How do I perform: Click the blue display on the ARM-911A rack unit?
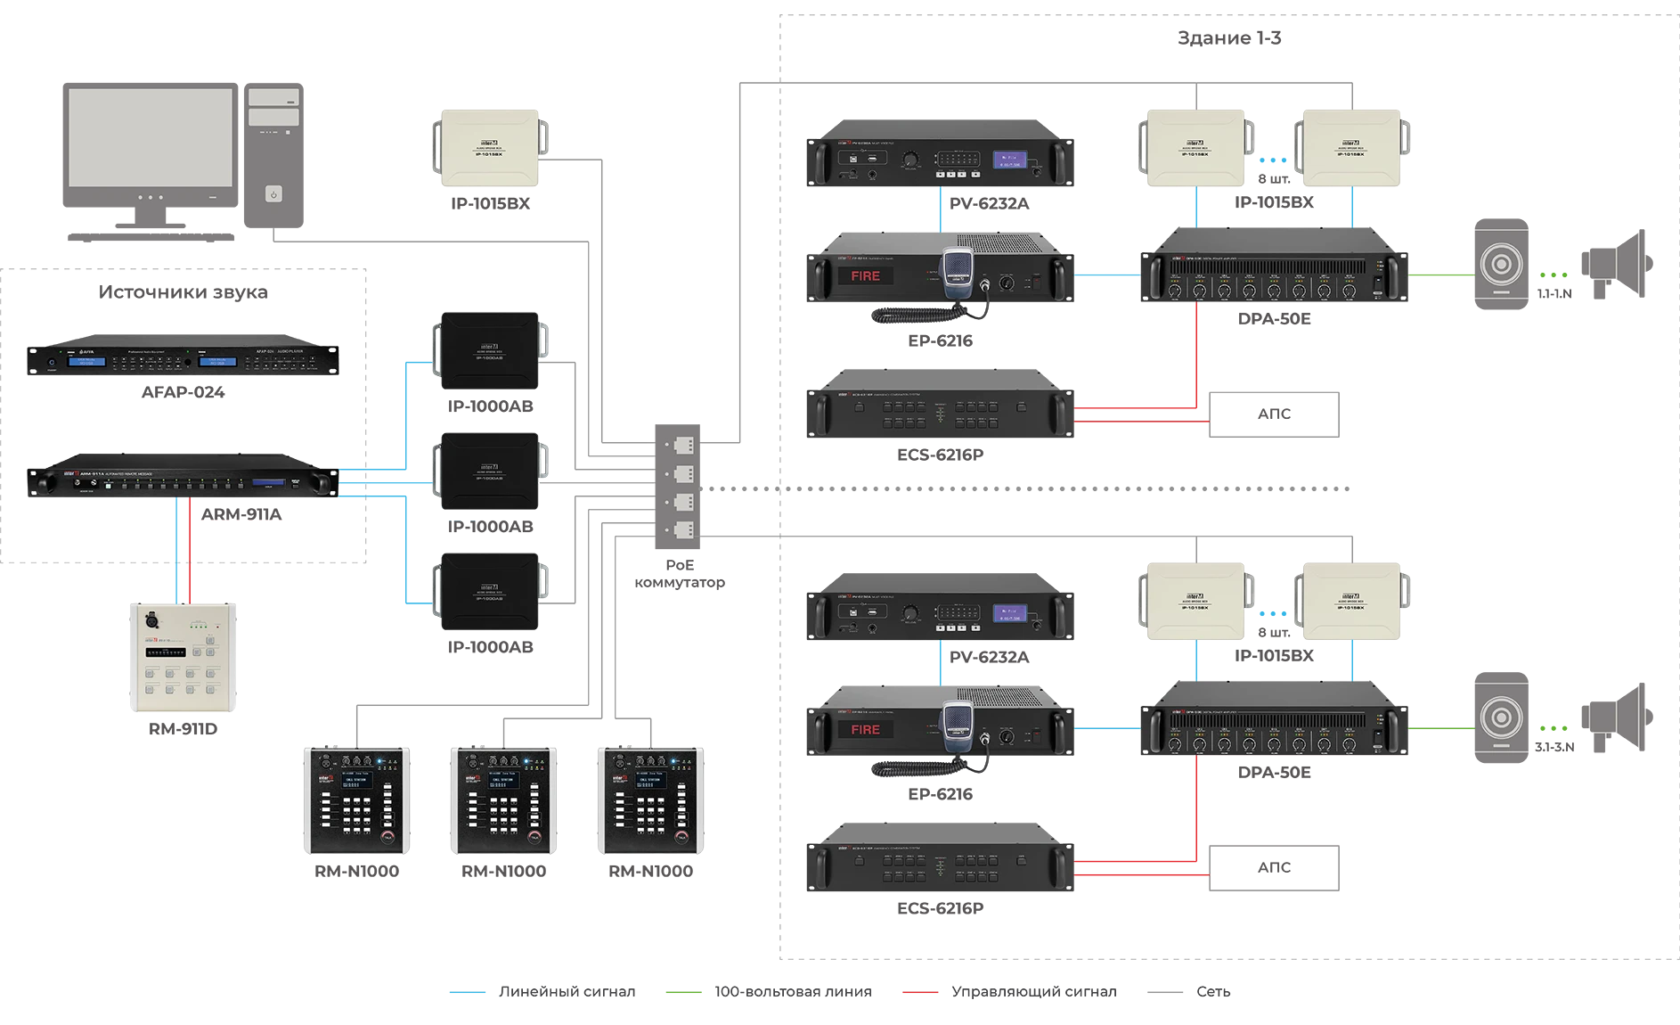[268, 482]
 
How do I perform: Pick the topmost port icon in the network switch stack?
[683, 445]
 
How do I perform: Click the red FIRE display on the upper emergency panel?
[865, 276]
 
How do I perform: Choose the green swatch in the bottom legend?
[687, 994]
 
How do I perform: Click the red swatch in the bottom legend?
[922, 994]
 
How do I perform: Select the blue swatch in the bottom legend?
[473, 994]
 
